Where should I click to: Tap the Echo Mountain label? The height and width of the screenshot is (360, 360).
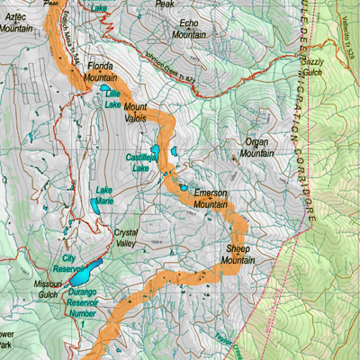189,28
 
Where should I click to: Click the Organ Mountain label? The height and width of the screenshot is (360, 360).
256,148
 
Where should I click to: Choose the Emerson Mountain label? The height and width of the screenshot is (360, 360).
210,199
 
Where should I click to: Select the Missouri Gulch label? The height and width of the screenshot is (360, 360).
47,288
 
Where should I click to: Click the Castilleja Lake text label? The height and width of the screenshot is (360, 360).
140,162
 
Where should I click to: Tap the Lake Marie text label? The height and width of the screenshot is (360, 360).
105,195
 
